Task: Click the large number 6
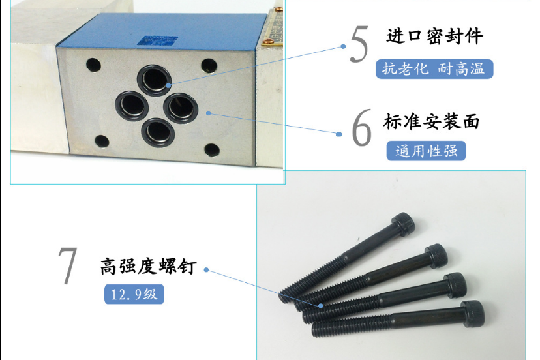(x=361, y=127)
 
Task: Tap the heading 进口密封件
(x=434, y=37)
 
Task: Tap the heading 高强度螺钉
(x=148, y=266)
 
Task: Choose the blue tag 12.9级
(x=134, y=294)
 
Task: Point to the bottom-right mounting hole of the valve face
(x=211, y=149)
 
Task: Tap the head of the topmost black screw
(x=403, y=224)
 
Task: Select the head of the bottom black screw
(x=473, y=312)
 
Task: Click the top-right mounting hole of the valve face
(x=209, y=65)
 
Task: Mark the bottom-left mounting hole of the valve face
(x=101, y=141)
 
